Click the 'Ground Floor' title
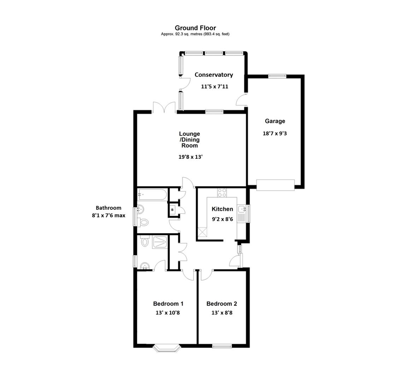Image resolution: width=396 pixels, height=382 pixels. pyautogui.click(x=195, y=28)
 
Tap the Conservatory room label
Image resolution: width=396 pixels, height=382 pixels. pyautogui.click(x=214, y=75)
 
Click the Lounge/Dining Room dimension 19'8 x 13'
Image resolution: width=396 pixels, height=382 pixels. pyautogui.click(x=190, y=157)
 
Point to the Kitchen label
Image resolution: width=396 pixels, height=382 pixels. pyautogui.click(x=222, y=209)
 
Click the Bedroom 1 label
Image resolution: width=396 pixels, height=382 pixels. pyautogui.click(x=168, y=303)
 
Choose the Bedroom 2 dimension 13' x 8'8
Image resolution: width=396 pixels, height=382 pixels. pyautogui.click(x=221, y=313)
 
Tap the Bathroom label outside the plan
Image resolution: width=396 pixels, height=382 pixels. pyautogui.click(x=108, y=208)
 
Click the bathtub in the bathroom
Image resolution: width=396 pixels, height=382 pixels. pyautogui.click(x=152, y=195)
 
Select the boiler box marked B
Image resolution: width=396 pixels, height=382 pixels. pyautogui.click(x=172, y=210)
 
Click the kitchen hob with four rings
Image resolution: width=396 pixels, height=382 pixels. pyautogui.click(x=222, y=193)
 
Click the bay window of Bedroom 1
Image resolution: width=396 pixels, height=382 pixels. pyautogui.click(x=167, y=348)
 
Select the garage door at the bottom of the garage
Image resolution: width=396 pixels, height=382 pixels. pyautogui.click(x=275, y=185)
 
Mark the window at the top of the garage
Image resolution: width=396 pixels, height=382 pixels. pyautogui.click(x=277, y=75)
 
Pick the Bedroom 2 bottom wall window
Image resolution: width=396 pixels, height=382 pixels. pyautogui.click(x=222, y=346)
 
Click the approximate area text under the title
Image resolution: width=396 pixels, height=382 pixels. pyautogui.click(x=195, y=34)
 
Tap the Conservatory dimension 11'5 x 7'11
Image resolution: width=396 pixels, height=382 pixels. pyautogui.click(x=214, y=86)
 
